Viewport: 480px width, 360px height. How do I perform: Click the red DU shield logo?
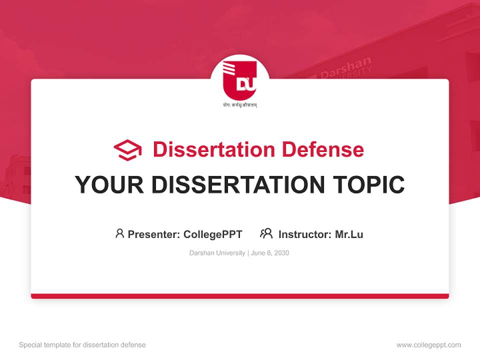tap(239, 80)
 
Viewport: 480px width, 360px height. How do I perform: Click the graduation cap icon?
tap(127, 150)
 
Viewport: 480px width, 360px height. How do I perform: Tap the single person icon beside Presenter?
tap(119, 233)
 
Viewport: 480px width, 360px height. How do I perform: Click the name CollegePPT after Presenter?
tap(213, 234)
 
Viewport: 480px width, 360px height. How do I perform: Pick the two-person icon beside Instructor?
tap(266, 233)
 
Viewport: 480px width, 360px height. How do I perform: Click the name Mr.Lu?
tap(349, 234)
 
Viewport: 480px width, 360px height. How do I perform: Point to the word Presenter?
tap(154, 234)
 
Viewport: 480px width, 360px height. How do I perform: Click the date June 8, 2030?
tap(270, 253)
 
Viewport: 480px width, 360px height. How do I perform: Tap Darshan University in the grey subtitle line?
tap(217, 253)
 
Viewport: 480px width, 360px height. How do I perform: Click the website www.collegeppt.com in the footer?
tap(428, 345)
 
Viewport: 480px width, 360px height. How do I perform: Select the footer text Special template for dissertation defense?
tap(82, 345)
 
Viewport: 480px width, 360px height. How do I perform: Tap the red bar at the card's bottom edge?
tap(239, 296)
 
